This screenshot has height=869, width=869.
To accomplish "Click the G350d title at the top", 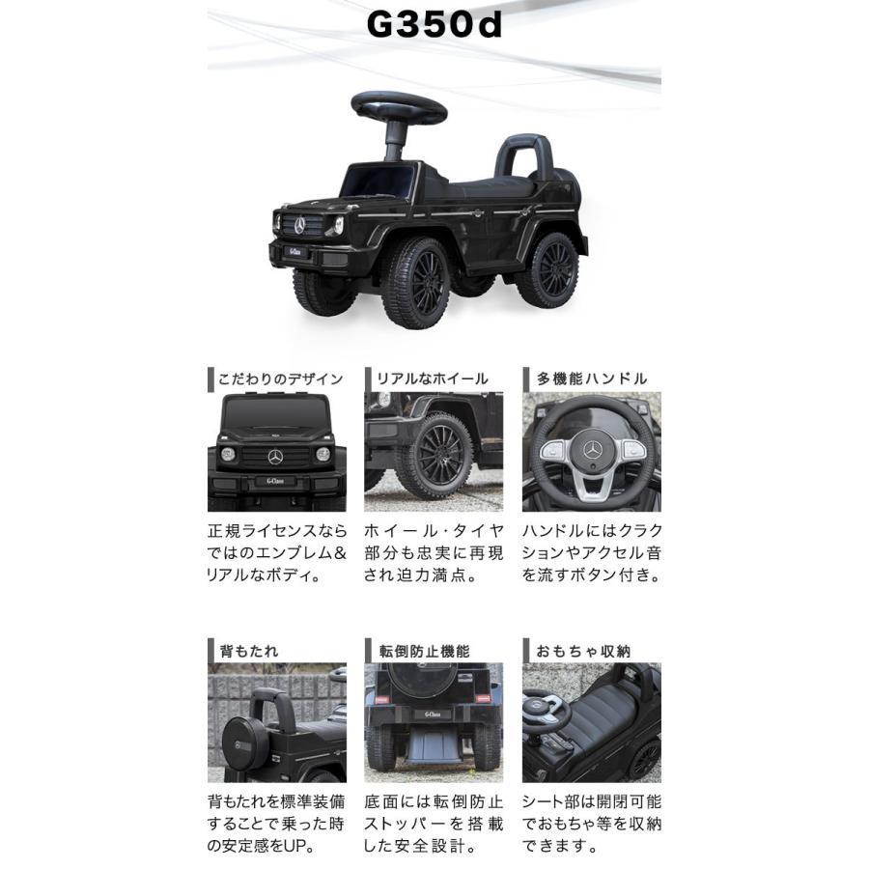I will pyautogui.click(x=434, y=26).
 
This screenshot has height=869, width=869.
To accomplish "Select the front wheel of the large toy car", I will pyautogui.click(x=416, y=283).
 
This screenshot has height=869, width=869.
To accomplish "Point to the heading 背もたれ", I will pyautogui.click(x=249, y=651).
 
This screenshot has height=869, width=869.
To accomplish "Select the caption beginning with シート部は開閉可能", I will pyautogui.click(x=592, y=825).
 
